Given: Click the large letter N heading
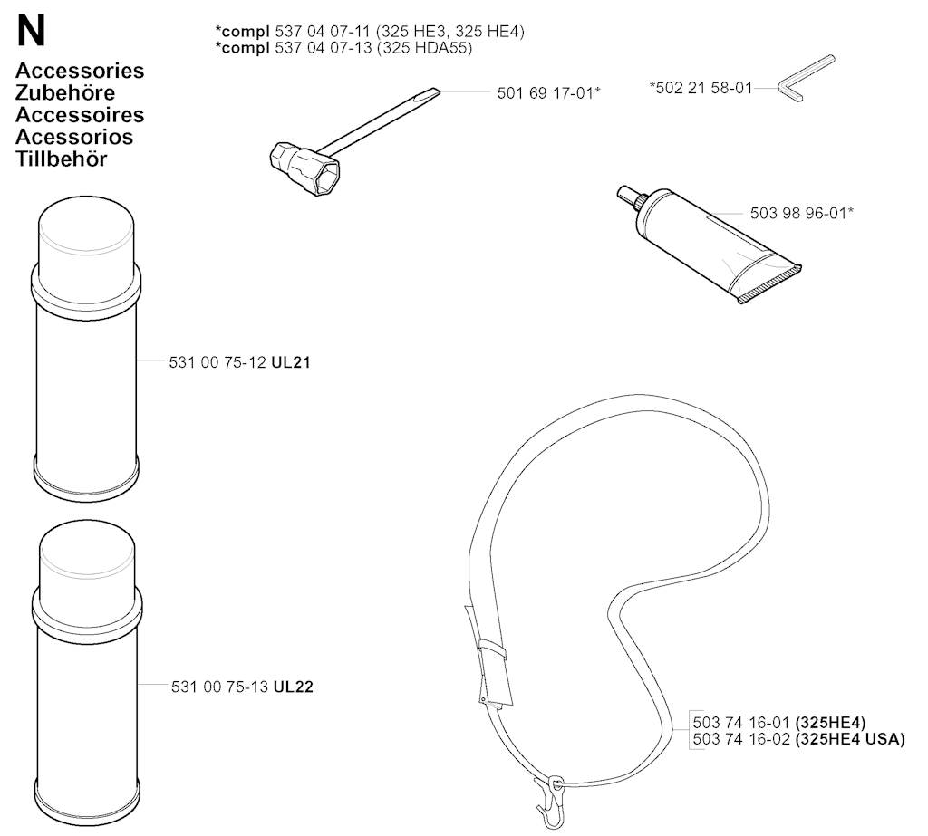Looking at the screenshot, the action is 31,32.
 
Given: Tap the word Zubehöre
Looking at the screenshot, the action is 65,93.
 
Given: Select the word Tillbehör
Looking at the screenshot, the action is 62,159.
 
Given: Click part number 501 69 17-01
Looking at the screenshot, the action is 545,93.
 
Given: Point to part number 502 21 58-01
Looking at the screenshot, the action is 704,88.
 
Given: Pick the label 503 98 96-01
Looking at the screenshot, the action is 798,213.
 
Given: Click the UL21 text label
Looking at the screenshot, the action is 291,362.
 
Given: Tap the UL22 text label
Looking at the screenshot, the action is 293,687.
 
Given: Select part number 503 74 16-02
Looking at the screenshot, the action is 741,739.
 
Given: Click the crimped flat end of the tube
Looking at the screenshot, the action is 769,284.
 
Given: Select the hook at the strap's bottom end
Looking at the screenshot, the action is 548,801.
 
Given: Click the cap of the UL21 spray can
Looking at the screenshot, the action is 86,233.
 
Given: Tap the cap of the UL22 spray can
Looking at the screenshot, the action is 87,557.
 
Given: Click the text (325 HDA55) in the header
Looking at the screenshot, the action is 424,48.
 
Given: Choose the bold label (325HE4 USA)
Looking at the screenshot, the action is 850,739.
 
